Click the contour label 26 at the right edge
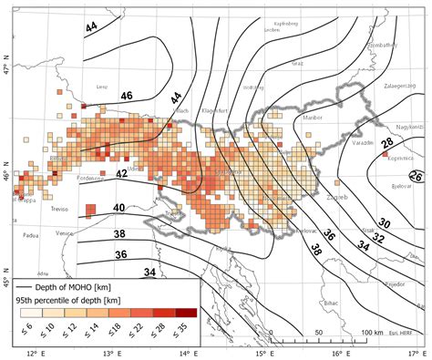pos(416,175)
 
